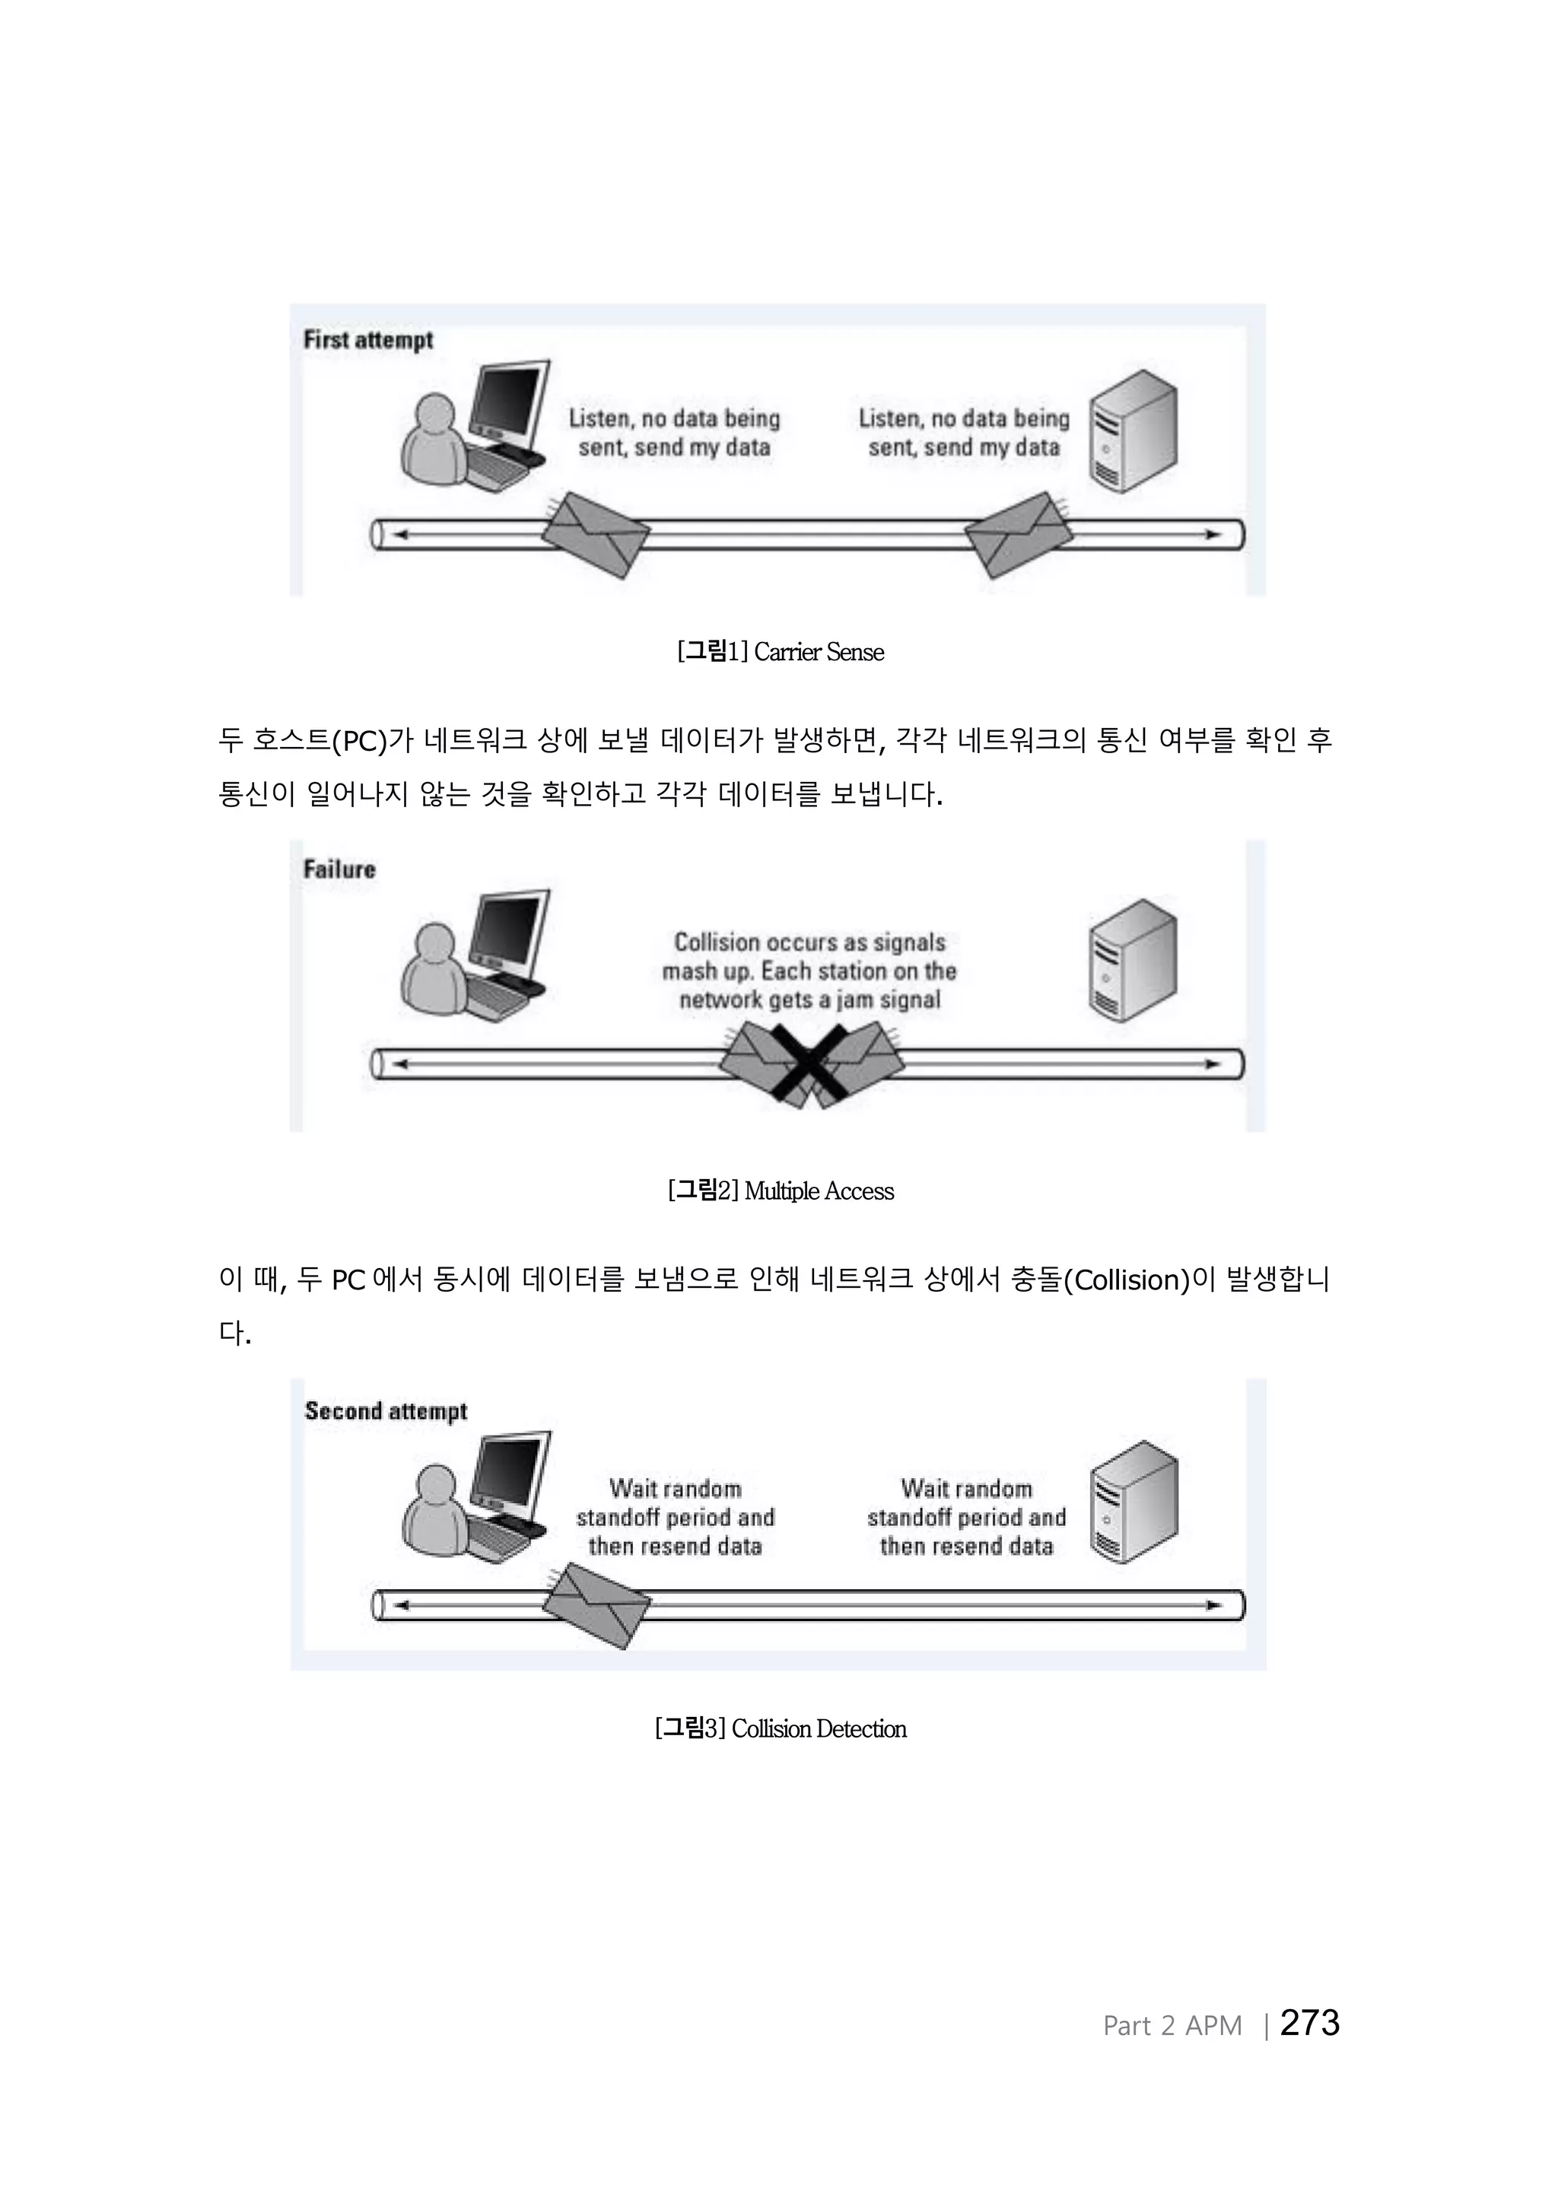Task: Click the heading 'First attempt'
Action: click(368, 341)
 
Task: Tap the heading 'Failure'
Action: click(339, 870)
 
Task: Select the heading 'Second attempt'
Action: click(386, 1411)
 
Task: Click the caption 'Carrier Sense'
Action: click(819, 653)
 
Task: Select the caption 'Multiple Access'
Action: click(819, 1191)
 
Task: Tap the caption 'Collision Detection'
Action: click(819, 1729)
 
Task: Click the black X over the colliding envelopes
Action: click(812, 1063)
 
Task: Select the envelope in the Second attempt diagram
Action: click(596, 1605)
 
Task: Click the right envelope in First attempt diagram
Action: click(1017, 535)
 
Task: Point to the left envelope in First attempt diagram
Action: click(596, 535)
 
